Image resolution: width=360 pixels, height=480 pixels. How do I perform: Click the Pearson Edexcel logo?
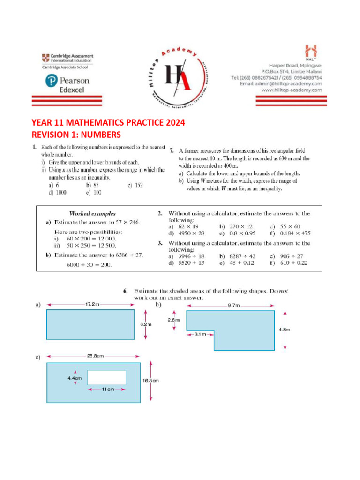(67, 84)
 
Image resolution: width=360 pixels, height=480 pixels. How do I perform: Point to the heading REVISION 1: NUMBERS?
(76, 135)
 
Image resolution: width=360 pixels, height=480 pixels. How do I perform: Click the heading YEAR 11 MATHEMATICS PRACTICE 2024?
(108, 123)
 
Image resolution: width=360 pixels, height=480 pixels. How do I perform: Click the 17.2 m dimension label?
(92, 304)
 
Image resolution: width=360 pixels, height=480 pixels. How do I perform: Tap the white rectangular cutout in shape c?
(106, 377)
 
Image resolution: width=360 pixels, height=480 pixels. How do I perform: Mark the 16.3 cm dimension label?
(150, 381)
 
